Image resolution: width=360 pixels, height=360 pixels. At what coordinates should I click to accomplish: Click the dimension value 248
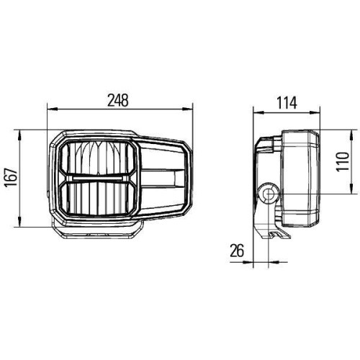click(120, 101)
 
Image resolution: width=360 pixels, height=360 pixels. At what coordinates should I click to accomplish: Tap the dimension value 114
click(287, 102)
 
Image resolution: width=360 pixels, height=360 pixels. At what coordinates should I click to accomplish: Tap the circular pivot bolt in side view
click(269, 193)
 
